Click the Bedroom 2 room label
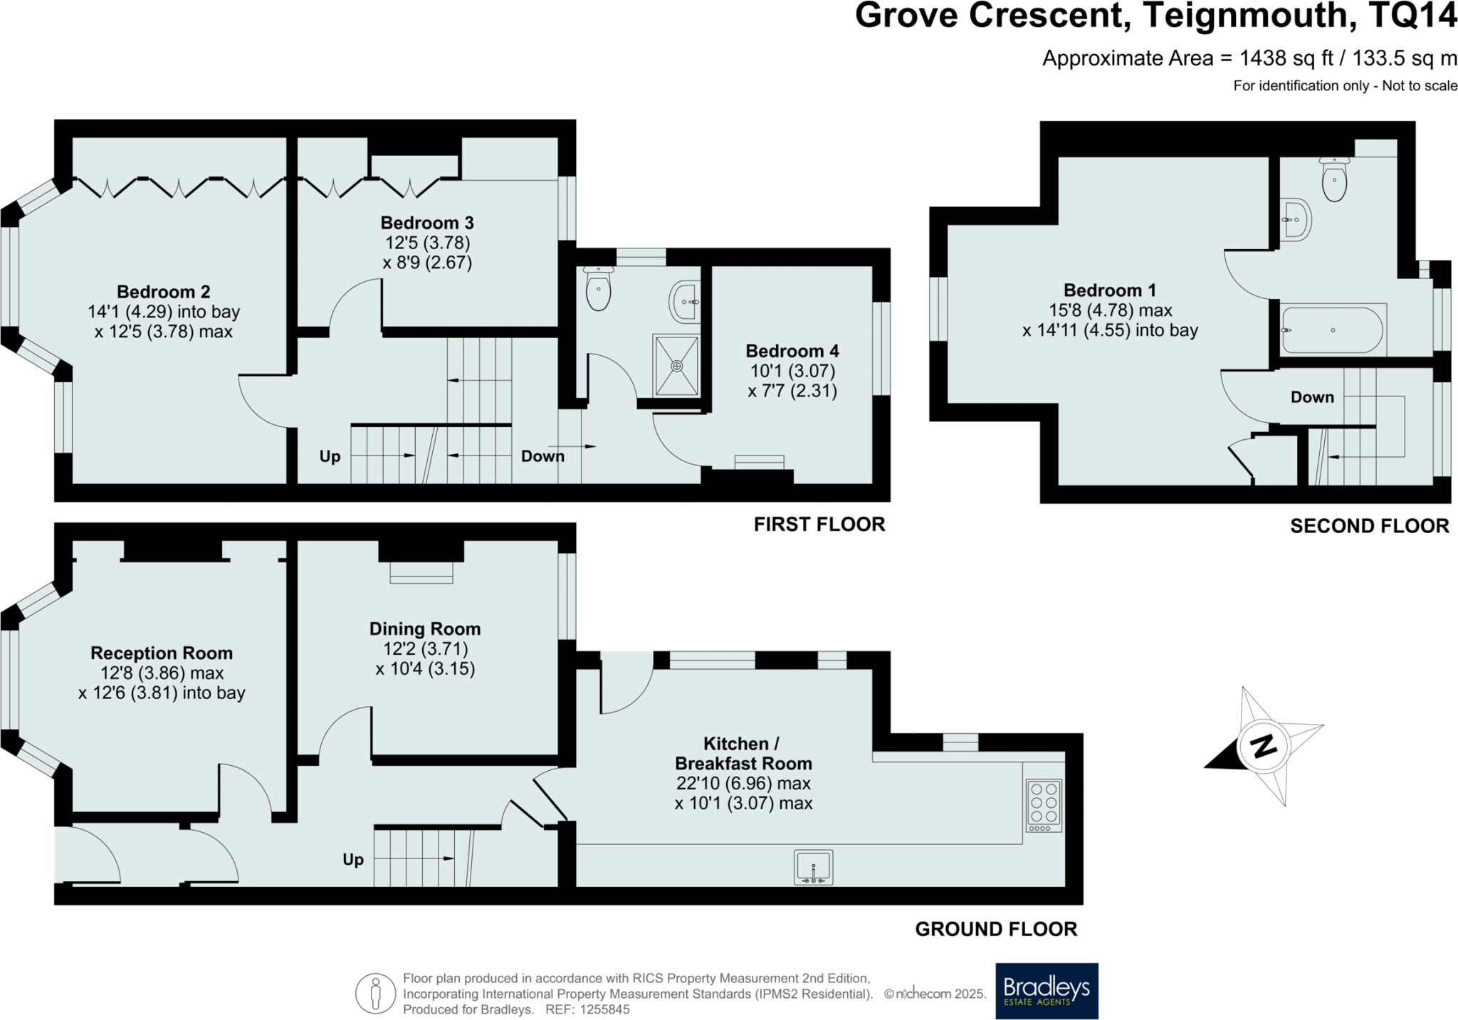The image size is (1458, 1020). [x=164, y=292]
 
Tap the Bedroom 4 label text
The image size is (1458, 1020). [x=792, y=351]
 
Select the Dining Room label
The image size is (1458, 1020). [x=425, y=629]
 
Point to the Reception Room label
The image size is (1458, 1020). [x=162, y=653]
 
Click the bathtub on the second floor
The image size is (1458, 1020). [x=1332, y=330]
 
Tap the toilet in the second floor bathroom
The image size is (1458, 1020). [x=1334, y=179]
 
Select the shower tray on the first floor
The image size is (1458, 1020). [x=676, y=366]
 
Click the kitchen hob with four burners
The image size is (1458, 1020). [x=1044, y=806]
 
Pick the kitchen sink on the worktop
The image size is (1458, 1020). [x=813, y=867]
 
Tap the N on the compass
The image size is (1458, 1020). [x=1264, y=747]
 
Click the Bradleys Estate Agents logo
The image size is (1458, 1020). [x=1047, y=991]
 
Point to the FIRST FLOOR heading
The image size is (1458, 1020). [x=819, y=525]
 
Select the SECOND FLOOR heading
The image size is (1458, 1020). [x=1370, y=526]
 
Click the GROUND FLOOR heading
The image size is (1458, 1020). [x=996, y=929]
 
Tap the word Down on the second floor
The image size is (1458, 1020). [x=1312, y=397]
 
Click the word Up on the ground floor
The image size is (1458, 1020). [x=353, y=860]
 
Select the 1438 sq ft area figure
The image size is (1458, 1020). [x=1286, y=58]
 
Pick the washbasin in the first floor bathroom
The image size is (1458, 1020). [x=684, y=302]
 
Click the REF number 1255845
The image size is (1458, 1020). [x=604, y=1009]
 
